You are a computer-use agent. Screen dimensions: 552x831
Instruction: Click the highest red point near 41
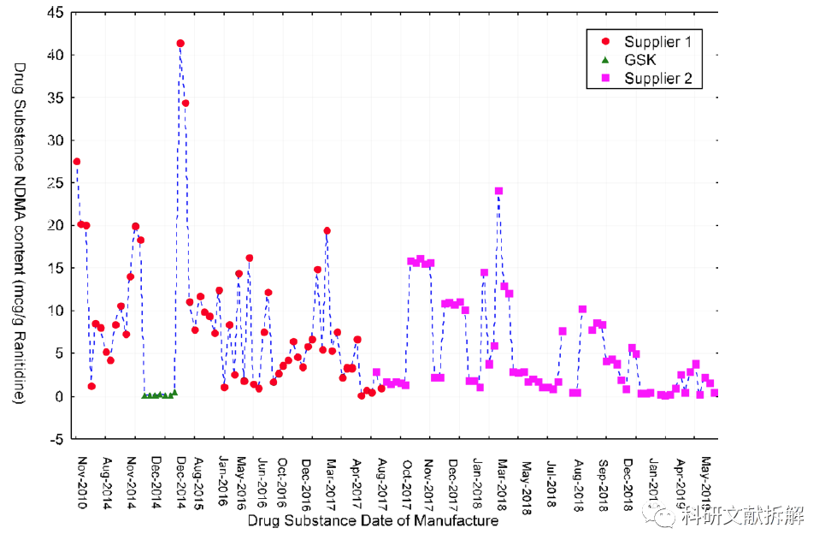pyautogui.click(x=180, y=43)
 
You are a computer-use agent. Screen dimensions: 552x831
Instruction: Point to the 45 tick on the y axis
pyautogui.click(x=54, y=13)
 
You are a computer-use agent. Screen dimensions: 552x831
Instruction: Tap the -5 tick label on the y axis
pyautogui.click(x=54, y=439)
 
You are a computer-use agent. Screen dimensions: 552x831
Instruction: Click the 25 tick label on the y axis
pyautogui.click(x=54, y=183)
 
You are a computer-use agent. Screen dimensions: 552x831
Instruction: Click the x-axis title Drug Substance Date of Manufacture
pyautogui.click(x=373, y=520)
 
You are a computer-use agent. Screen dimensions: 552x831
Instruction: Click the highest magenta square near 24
pyautogui.click(x=498, y=191)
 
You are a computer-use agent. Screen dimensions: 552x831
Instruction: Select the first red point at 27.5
pyautogui.click(x=76, y=161)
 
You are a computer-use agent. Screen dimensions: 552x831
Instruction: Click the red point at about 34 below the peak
pyautogui.click(x=186, y=103)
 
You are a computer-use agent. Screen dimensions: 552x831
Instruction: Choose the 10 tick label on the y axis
pyautogui.click(x=54, y=311)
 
